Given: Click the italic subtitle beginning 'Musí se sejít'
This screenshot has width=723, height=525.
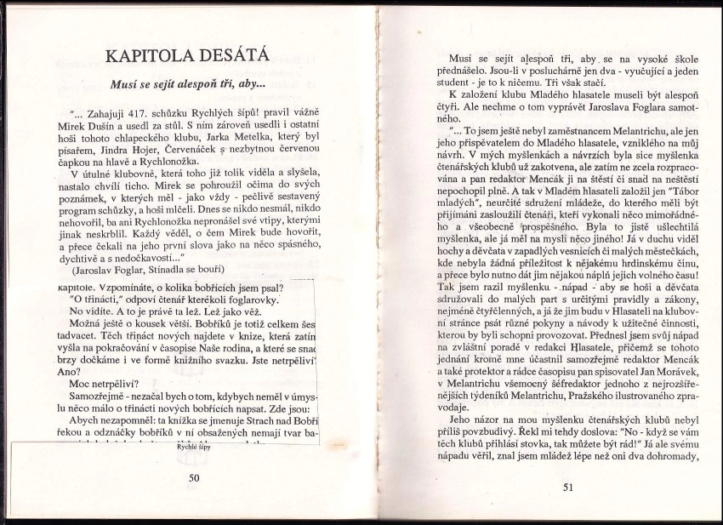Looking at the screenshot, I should [x=188, y=85].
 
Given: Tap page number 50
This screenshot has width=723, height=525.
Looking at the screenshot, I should [x=194, y=477].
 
